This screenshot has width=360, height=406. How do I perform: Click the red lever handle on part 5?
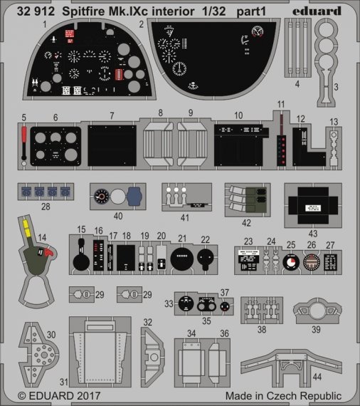point(24,135)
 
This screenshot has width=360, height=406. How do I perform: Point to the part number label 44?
point(317,375)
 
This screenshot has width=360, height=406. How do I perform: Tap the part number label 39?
point(316,329)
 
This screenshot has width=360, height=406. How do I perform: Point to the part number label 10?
point(238,114)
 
